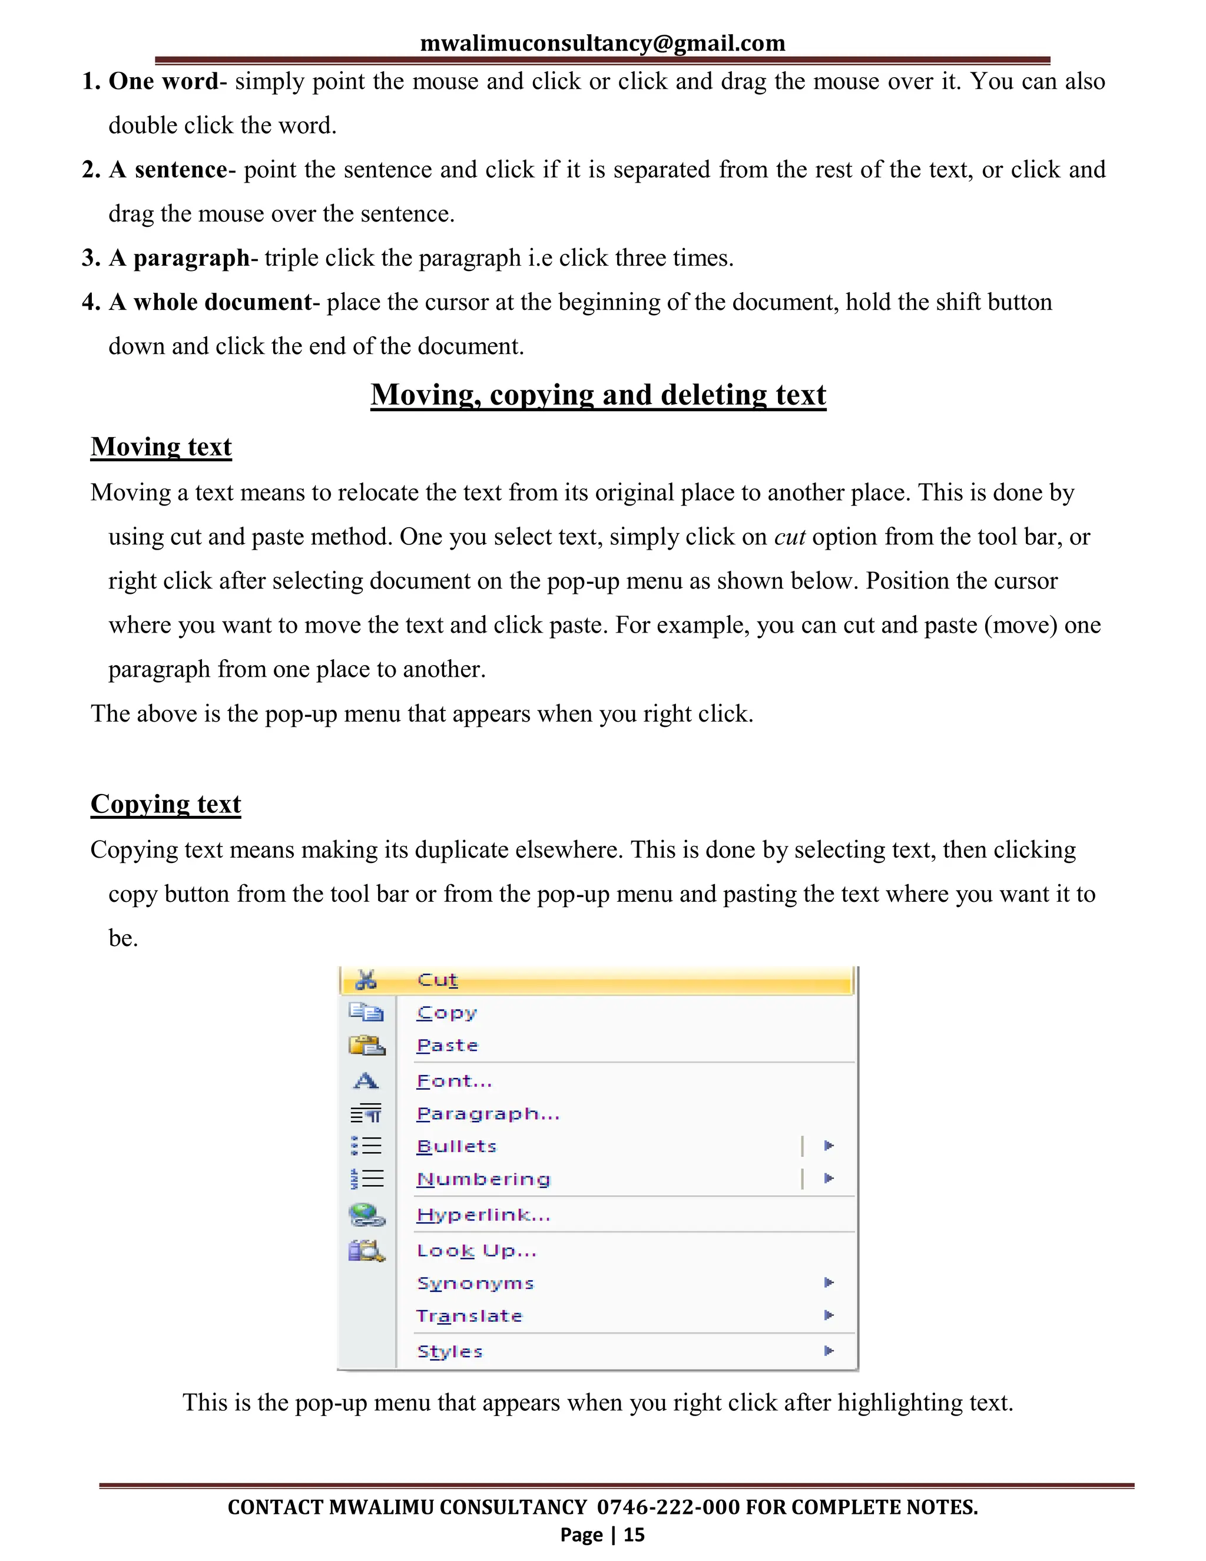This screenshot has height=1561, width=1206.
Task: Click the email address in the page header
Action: click(x=602, y=43)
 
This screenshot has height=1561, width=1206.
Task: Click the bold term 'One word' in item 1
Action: click(x=163, y=81)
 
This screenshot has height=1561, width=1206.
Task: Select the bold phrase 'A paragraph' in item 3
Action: click(x=178, y=258)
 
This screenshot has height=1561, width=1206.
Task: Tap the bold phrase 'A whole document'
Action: click(x=210, y=302)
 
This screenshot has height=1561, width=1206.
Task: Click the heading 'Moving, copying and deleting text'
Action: click(x=598, y=395)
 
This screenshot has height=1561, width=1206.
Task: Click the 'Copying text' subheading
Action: click(x=165, y=804)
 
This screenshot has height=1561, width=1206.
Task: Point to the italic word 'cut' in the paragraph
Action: click(x=790, y=537)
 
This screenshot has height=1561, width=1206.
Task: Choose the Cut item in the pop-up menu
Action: click(x=438, y=980)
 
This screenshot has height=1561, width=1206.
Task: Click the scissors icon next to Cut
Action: click(x=366, y=980)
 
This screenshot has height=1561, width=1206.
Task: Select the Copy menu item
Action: click(x=446, y=1013)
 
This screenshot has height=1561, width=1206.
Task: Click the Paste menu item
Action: click(x=448, y=1046)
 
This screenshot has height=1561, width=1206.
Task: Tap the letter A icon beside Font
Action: click(x=366, y=1081)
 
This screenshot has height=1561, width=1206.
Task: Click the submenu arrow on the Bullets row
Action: click(x=829, y=1146)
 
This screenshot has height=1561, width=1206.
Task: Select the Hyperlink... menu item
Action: click(x=483, y=1215)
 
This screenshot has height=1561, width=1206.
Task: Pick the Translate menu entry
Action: click(x=469, y=1316)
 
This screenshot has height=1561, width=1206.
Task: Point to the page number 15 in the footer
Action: click(x=634, y=1534)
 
